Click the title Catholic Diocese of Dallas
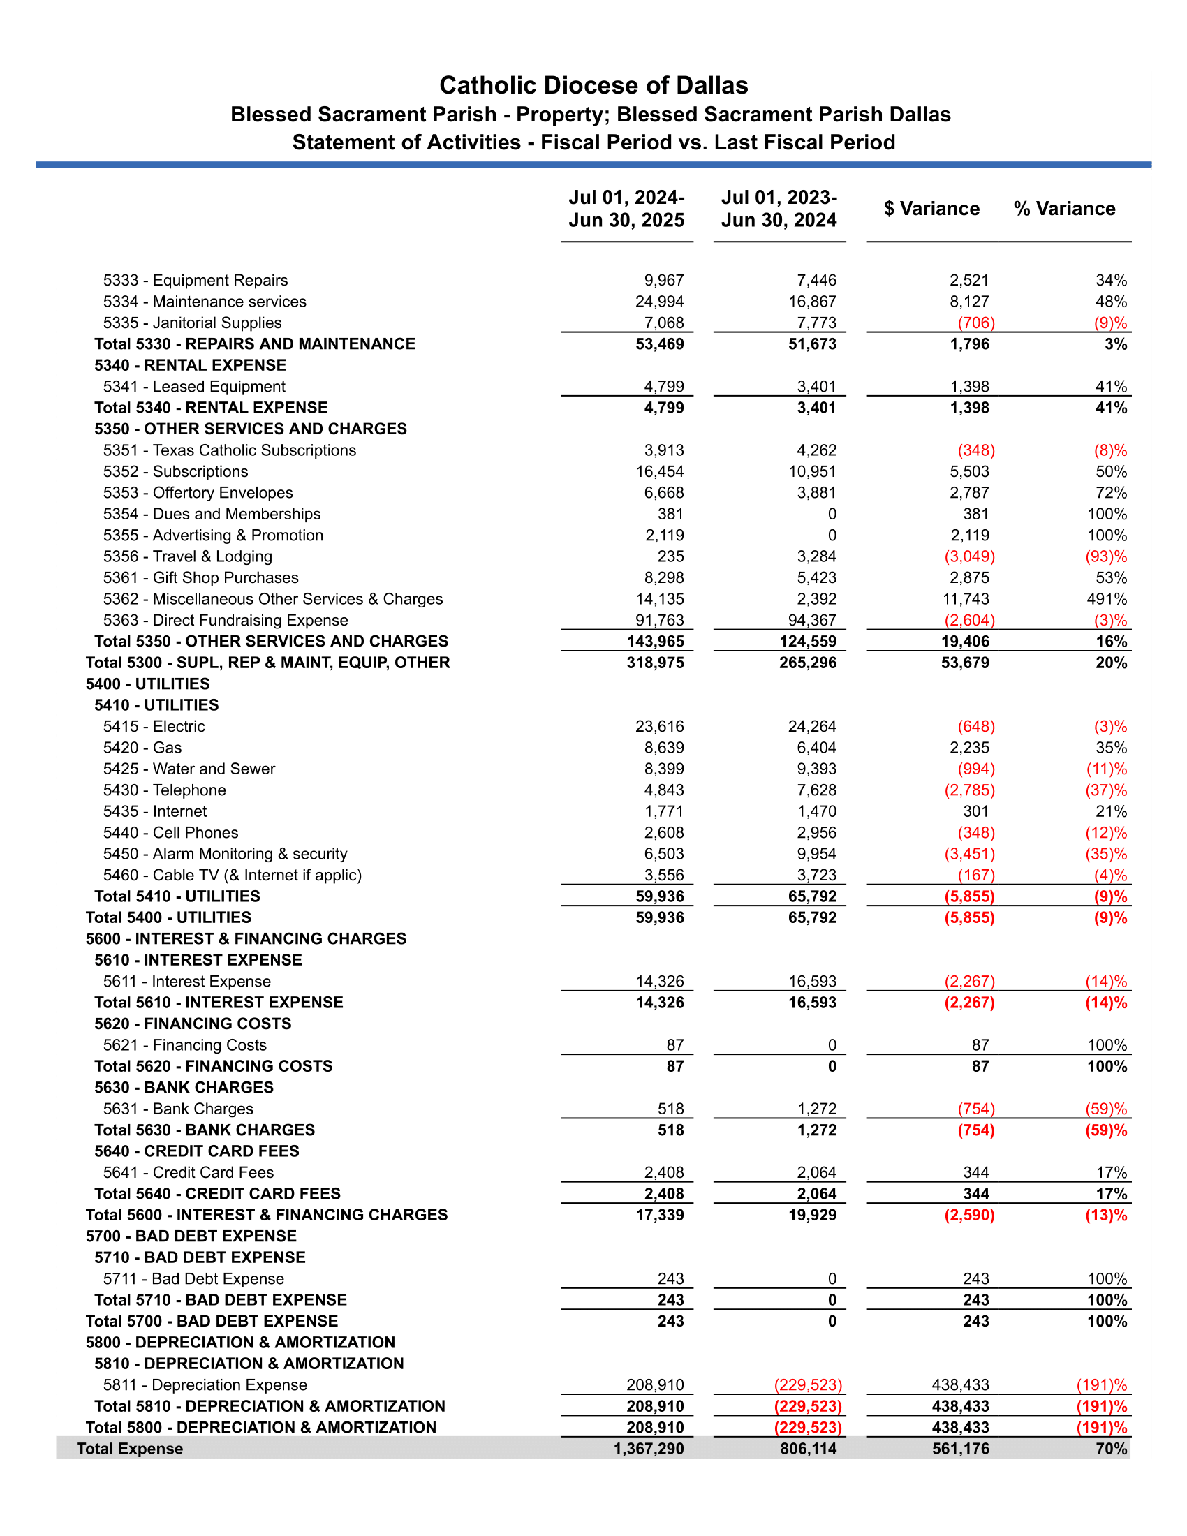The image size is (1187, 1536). tap(593, 85)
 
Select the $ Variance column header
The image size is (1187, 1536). tap(931, 209)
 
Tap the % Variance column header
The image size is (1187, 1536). tap(1064, 209)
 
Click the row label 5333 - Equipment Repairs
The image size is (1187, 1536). tap(196, 281)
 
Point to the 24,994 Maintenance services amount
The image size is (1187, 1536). tap(659, 302)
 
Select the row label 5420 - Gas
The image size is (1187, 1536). tap(142, 748)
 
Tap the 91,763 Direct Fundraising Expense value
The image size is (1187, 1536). tap(659, 620)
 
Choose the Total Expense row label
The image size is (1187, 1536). tap(129, 1449)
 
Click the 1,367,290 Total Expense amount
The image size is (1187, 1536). tap(649, 1449)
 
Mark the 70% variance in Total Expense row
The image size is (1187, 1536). tap(1111, 1449)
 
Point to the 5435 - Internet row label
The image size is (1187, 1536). tap(155, 811)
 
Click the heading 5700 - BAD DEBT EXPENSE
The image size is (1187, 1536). tap(191, 1236)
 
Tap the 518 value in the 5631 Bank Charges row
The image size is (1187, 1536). tap(670, 1109)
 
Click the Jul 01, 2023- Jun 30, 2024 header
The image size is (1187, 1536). tap(779, 209)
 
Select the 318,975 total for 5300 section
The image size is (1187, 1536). tap(655, 663)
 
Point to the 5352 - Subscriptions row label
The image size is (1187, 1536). tap(175, 472)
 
